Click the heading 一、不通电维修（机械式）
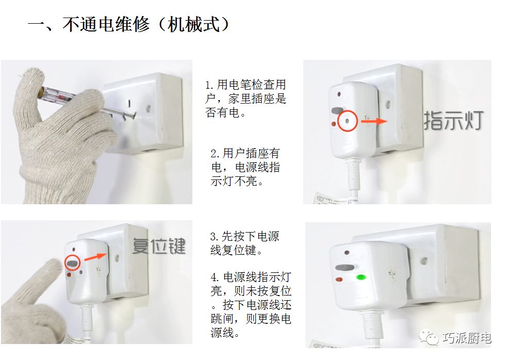click(129, 24)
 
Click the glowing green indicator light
click(361, 277)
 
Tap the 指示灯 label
click(453, 121)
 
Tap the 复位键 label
click(159, 246)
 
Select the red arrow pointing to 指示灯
click(374, 121)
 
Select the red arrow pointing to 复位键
click(95, 257)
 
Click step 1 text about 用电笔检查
click(246, 99)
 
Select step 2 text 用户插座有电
click(245, 167)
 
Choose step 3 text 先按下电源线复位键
click(244, 243)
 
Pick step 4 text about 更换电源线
click(251, 305)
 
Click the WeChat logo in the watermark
click(428, 337)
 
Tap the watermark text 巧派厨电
click(467, 338)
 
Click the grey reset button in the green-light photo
click(345, 268)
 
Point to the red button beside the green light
click(339, 280)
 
